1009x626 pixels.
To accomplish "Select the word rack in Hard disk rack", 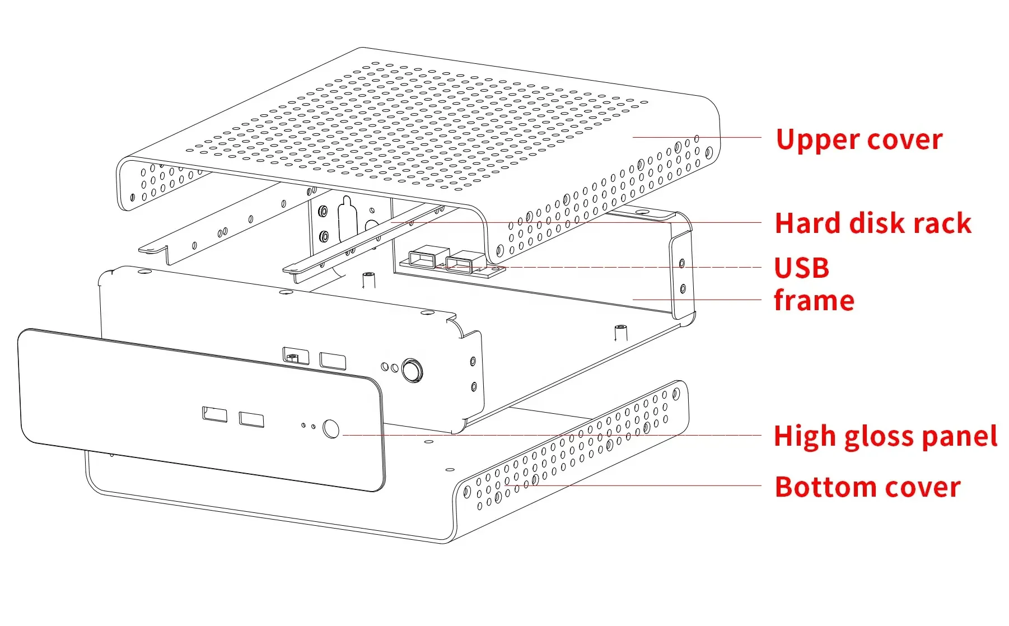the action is coord(942,223).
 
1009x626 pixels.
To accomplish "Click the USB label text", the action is coord(801,268).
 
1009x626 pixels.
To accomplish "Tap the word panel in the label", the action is coord(959,437).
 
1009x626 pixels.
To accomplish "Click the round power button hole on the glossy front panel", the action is coord(331,429).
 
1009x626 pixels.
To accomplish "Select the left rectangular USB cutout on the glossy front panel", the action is coord(214,414).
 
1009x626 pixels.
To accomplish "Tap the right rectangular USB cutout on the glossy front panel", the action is coord(251,419).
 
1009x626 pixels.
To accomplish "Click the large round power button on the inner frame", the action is coord(412,370).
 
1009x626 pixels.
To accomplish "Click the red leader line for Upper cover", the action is coord(697,137).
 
